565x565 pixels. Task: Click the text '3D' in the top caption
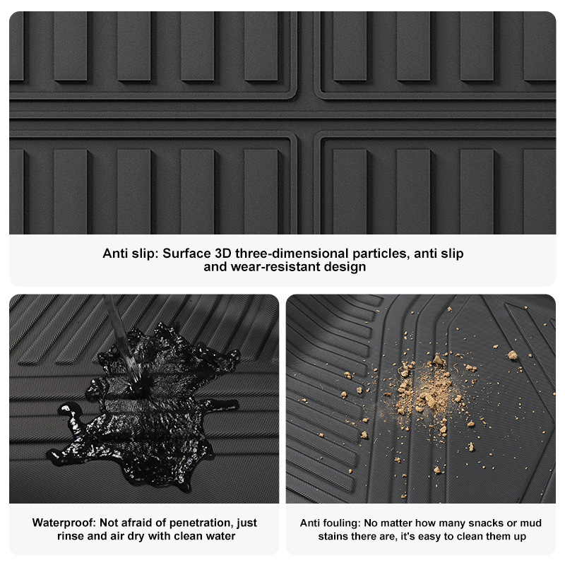tap(222, 254)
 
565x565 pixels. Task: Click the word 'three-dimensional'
tap(292, 254)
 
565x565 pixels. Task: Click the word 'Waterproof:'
tap(64, 523)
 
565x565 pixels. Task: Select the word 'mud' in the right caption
tap(531, 523)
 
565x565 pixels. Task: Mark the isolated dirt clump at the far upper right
tap(512, 355)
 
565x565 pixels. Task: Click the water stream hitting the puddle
tap(124, 346)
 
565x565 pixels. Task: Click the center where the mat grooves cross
tap(306, 116)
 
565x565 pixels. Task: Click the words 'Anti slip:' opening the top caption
tap(131, 254)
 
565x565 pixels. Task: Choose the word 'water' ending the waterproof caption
tap(220, 536)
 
